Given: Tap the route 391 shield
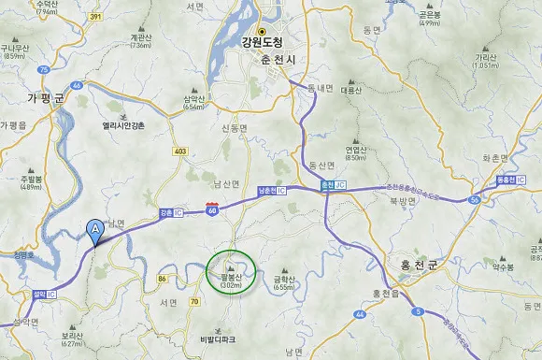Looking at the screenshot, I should click(94, 17).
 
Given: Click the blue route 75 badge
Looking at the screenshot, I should click(43, 69).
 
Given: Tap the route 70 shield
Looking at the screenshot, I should click(194, 302).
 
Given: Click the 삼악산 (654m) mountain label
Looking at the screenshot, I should click(194, 101).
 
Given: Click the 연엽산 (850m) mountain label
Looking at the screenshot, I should click(355, 152).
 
